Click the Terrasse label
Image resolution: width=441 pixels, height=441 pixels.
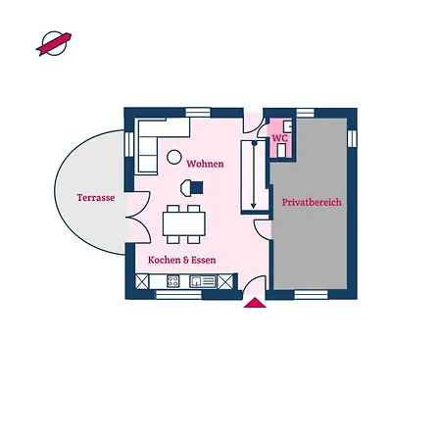coord(96,198)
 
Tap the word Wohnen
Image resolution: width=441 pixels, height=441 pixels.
coord(205,164)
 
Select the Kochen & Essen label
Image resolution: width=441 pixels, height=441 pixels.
coord(182,260)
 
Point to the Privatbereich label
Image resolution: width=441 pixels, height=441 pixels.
coord(312,202)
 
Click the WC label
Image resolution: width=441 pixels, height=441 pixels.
coord(280,138)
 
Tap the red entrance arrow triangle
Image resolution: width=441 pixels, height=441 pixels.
coord(255,303)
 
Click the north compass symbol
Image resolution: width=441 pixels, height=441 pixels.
coord(54,43)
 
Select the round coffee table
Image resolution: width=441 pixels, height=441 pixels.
coord(174,157)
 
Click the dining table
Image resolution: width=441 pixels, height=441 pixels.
coord(184,224)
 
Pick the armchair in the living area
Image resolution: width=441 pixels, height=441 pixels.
coord(192,188)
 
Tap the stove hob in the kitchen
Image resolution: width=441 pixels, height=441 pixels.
coord(173,281)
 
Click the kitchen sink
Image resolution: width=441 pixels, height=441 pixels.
coord(203,281)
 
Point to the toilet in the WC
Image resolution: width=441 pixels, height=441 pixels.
coord(281,150)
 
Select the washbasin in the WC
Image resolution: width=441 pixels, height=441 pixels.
coord(288,126)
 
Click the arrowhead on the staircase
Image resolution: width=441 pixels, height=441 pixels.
coord(254,206)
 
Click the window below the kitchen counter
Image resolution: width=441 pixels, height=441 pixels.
coord(178,295)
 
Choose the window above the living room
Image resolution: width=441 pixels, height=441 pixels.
coord(198,112)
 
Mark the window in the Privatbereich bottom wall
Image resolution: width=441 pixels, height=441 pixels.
coord(311,295)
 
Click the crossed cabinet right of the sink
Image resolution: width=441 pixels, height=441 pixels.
coord(225,281)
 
